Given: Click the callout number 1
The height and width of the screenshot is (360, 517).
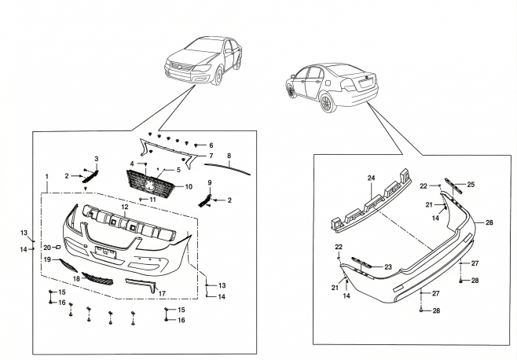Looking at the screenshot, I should (x=47, y=175).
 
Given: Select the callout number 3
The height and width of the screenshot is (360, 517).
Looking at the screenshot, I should (x=96, y=159).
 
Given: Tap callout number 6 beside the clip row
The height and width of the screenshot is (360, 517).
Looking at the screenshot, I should (x=211, y=145).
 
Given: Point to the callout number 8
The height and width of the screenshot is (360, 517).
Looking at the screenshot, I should (x=229, y=157).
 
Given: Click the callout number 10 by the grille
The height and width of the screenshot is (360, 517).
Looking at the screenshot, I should (x=188, y=187).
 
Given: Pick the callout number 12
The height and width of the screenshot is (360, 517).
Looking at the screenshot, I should (x=124, y=206).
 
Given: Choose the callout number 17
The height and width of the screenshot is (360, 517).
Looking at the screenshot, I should (x=163, y=294).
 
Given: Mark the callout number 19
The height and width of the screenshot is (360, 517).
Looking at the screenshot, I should (x=47, y=259).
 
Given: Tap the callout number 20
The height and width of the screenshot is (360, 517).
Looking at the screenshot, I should (x=47, y=248).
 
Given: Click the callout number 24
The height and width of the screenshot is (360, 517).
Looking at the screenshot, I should (x=372, y=178).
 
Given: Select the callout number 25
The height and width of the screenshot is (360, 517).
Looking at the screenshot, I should (x=471, y=184).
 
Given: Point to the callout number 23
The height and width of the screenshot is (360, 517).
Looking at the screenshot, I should (x=387, y=268).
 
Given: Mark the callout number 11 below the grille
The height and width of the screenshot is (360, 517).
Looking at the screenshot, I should (x=153, y=200).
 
